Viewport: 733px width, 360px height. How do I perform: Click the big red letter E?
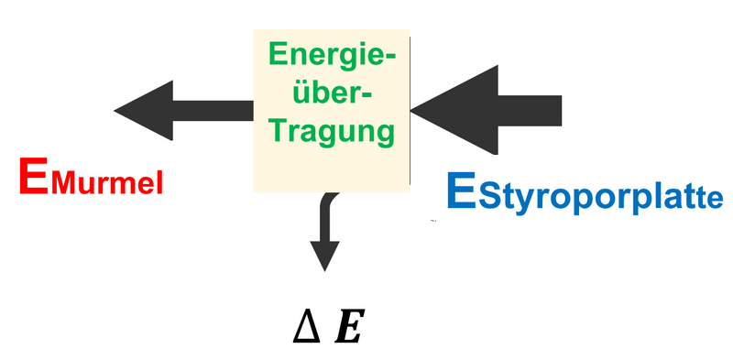click(x=34, y=177)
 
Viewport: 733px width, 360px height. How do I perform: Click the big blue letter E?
click(x=461, y=191)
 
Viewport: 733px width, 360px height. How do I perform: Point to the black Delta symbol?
click(x=307, y=328)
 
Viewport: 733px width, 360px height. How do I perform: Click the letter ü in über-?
click(x=300, y=94)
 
